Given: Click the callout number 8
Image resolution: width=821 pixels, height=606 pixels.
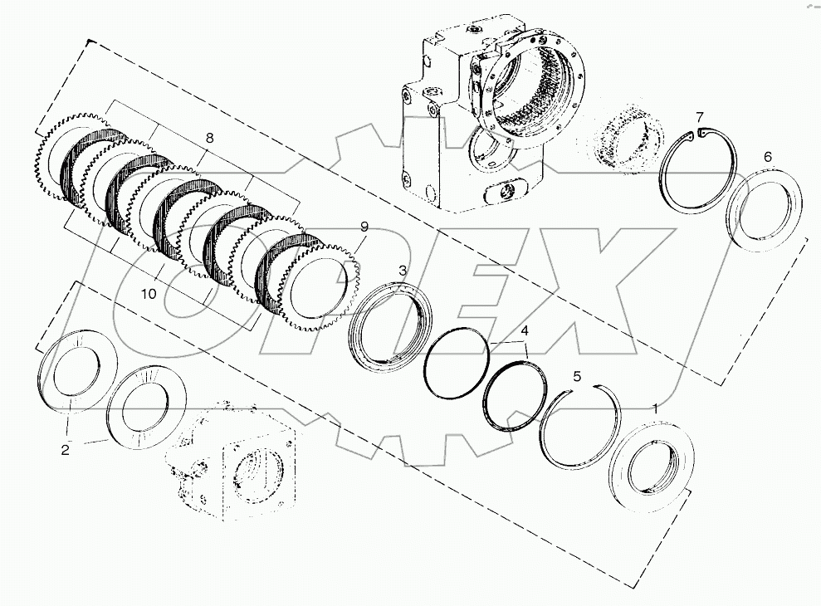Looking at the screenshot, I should (209, 139).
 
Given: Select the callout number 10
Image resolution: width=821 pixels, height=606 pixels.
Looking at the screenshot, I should (149, 294).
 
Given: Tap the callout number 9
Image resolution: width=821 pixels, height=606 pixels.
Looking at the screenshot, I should (364, 227).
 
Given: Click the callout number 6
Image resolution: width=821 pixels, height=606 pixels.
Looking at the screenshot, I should (767, 157).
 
